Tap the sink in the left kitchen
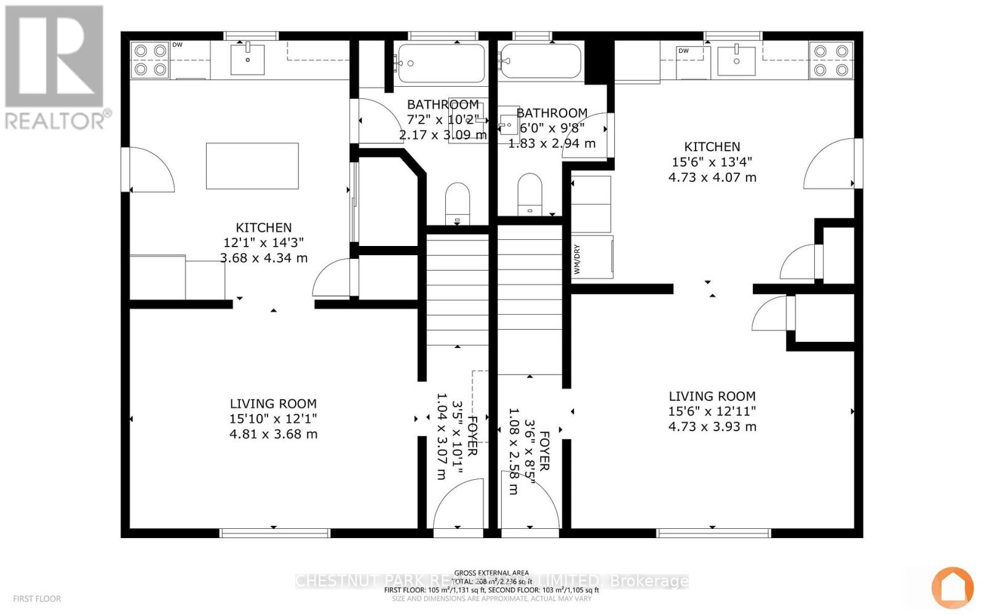click(248, 59)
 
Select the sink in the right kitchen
click(736, 60)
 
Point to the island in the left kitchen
click(252, 166)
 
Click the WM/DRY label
click(577, 260)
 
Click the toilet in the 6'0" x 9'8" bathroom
click(530, 194)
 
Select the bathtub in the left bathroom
click(441, 63)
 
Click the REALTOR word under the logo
click(55, 120)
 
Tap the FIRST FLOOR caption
click(37, 598)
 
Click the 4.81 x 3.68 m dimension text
click(273, 434)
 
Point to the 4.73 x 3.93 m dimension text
click(712, 427)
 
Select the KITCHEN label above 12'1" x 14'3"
click(263, 228)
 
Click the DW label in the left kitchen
click(177, 45)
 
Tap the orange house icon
click(953, 587)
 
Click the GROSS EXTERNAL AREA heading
click(491, 573)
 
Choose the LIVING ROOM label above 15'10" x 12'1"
click(273, 404)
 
